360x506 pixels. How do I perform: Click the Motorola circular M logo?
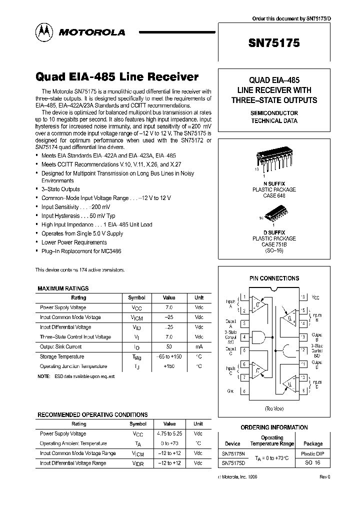coord(43,32)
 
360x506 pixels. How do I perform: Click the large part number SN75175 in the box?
coord(274,43)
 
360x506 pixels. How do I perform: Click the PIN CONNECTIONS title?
coord(274,278)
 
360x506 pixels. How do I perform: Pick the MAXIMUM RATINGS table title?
coord(63,288)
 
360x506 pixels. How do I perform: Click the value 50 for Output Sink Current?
coord(169,346)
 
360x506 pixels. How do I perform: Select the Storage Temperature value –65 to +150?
coord(169,356)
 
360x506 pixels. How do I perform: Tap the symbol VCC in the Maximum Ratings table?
coord(137,308)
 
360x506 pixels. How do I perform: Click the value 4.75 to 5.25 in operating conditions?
coord(169,434)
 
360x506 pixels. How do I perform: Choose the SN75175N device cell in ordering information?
coord(233,454)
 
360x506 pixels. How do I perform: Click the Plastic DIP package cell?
coord(313,454)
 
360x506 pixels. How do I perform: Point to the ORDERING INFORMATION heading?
coord(274,427)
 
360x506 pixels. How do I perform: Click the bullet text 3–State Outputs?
coord(60,189)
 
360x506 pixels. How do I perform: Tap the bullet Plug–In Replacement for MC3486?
coord(81,251)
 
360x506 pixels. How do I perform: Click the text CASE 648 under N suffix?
coord(274,195)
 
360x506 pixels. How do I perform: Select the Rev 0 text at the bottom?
coord(325,477)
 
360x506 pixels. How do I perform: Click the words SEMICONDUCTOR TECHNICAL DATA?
coord(274,117)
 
